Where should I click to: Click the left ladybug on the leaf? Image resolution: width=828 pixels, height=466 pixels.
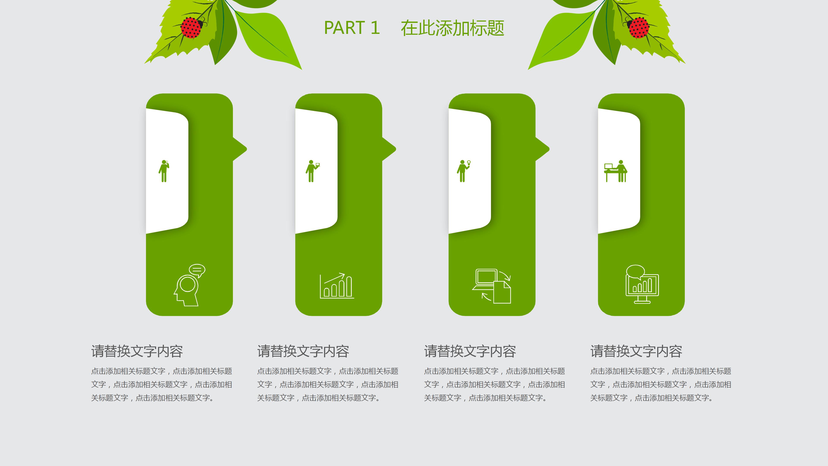pos(191,27)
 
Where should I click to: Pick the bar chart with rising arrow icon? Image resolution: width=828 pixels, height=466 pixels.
pos(337,286)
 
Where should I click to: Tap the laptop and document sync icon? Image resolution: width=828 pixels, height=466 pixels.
pos(492,286)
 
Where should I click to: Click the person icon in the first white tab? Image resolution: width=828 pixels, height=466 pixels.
pos(164,171)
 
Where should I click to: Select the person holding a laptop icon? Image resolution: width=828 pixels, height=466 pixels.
pos(312,171)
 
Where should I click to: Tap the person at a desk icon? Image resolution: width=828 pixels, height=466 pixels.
pos(616,171)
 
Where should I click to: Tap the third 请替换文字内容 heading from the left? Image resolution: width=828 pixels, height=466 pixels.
pos(470,351)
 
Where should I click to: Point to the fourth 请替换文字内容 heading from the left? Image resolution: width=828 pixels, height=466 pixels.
pos(636,351)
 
